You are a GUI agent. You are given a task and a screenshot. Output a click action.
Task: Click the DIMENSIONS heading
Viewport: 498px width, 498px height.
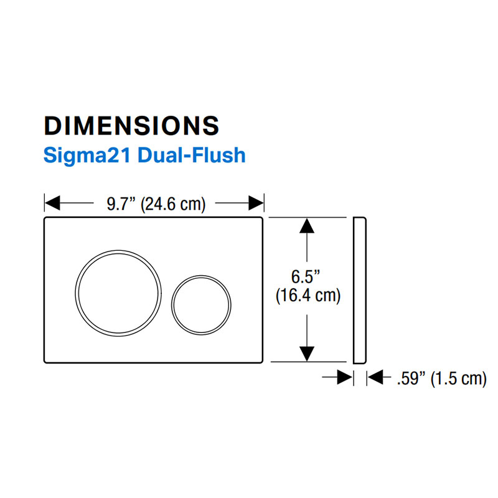click(131, 126)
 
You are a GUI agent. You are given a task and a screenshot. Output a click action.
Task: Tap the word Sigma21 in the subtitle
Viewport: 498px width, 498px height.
click(87, 156)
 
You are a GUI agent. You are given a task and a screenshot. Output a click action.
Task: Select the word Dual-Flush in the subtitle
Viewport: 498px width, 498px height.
click(192, 155)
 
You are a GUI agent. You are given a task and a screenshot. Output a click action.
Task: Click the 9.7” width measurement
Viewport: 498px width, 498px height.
click(121, 204)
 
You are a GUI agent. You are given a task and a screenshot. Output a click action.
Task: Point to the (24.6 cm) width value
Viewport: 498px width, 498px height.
click(173, 204)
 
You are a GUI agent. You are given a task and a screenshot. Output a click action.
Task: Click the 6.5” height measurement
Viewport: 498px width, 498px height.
click(306, 276)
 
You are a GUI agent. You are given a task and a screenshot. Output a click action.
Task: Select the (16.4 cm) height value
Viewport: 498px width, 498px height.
click(308, 296)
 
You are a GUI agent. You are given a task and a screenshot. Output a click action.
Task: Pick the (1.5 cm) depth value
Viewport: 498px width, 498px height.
click(459, 379)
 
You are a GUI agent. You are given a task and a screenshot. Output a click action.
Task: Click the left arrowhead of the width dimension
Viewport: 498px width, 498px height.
click(52, 203)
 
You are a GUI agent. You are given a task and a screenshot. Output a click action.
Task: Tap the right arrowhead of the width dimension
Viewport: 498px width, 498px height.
click(256, 203)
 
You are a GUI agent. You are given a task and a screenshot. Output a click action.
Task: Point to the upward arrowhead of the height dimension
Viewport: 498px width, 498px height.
click(307, 225)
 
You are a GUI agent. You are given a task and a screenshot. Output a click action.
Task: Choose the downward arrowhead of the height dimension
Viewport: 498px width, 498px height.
click(307, 354)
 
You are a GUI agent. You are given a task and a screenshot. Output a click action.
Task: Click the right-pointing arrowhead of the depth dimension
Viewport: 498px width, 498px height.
click(345, 377)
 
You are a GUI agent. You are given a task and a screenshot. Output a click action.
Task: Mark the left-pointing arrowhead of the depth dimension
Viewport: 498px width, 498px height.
click(375, 377)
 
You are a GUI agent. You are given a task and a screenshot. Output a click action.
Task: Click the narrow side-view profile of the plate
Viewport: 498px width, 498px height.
click(360, 290)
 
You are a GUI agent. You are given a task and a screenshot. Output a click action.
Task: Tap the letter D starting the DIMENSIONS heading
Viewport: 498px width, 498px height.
click(53, 126)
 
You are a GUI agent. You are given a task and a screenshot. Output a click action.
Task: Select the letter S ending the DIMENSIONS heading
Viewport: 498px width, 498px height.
click(211, 126)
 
